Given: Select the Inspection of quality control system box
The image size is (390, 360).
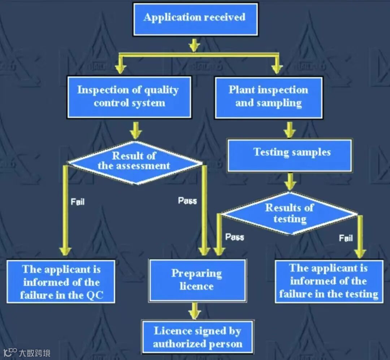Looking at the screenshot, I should pyautogui.click(x=129, y=97).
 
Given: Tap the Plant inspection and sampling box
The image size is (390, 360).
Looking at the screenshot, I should pyautogui.click(x=268, y=97).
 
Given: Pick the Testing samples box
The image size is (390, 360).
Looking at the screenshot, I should pyautogui.click(x=289, y=155).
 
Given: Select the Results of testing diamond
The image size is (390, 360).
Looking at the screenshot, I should pyautogui.click(x=289, y=214).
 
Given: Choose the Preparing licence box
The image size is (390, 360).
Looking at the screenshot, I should pyautogui.click(x=197, y=280).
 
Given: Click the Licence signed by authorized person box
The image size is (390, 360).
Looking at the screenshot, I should pyautogui.click(x=198, y=337).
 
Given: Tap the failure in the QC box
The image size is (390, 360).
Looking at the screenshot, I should pyautogui.click(x=61, y=282).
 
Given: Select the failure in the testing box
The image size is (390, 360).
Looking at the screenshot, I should pyautogui.click(x=329, y=281).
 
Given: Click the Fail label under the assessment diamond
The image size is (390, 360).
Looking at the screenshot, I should pyautogui.click(x=78, y=201).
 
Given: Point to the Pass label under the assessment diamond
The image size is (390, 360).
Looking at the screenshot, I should pyautogui.click(x=187, y=200).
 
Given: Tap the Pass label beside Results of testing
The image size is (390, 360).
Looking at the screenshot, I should pyautogui.click(x=234, y=237).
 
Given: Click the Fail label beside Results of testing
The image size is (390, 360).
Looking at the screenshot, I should pyautogui.click(x=346, y=238).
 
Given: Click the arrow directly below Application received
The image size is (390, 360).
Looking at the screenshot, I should pyautogui.click(x=194, y=45).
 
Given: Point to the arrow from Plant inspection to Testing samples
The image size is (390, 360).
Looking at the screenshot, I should pyautogui.click(x=289, y=130).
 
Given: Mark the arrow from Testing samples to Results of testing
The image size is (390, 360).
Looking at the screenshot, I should pyautogui.click(x=290, y=181).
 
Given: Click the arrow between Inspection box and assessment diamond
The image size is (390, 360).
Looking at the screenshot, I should pyautogui.click(x=135, y=130).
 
